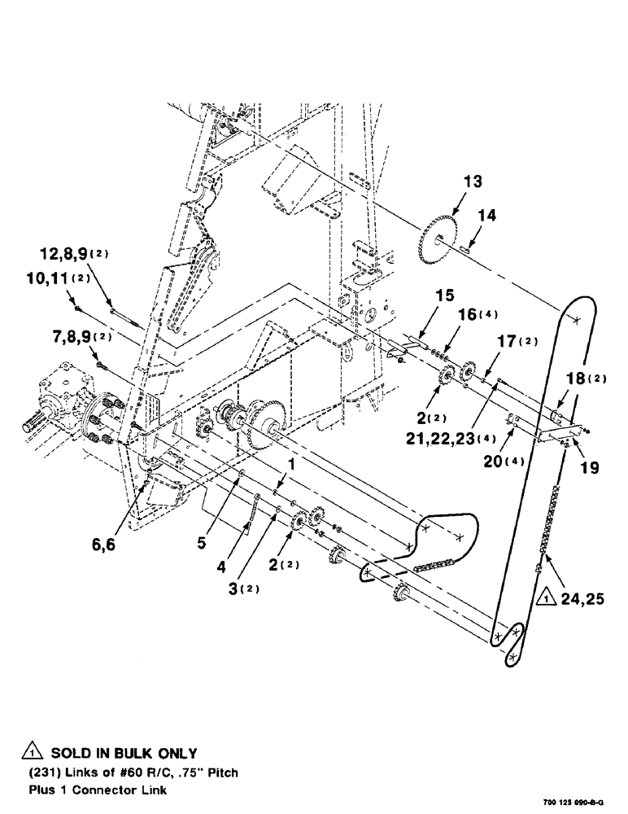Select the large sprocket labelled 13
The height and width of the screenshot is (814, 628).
click(440, 236)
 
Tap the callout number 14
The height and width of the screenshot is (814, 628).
click(486, 216)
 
